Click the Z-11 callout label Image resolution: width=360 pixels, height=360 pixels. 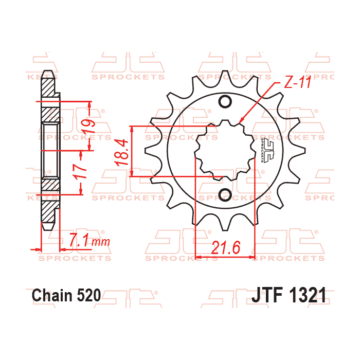297,83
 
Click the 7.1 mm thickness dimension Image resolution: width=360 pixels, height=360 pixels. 85,240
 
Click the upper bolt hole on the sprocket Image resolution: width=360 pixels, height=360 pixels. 225,101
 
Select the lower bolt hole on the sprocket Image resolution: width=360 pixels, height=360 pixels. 225,194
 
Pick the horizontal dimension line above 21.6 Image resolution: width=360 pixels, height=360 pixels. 225,256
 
